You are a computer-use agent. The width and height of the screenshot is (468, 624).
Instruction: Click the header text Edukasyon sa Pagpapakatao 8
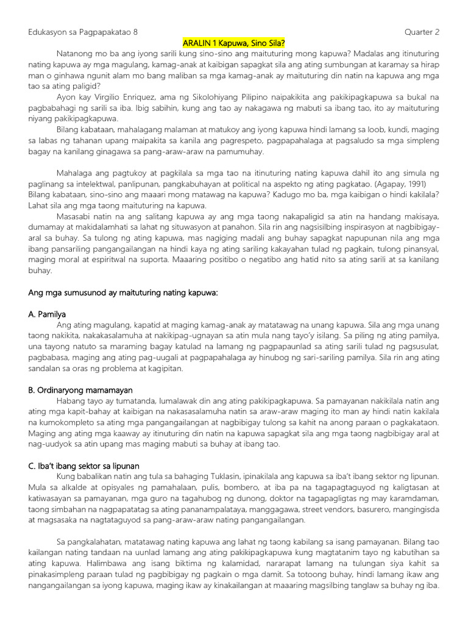87,32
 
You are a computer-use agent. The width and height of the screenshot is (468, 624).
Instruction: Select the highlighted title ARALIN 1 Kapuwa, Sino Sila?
234,43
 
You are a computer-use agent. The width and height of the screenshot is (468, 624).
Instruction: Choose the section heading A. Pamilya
48,314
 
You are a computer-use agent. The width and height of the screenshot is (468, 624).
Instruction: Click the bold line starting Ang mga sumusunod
123,292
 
